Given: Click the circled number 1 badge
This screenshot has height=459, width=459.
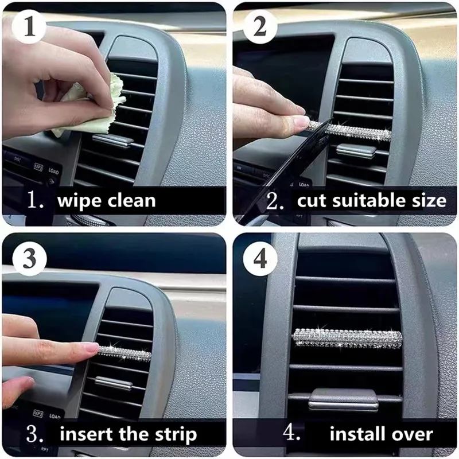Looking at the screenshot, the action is (29, 26).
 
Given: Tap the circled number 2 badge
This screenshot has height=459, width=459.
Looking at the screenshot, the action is (260, 26).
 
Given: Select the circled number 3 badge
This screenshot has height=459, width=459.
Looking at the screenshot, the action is (30, 259).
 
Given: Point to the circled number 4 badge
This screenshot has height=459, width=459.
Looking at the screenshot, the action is (260, 259).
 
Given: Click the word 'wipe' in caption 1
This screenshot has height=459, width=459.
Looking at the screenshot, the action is (79, 201).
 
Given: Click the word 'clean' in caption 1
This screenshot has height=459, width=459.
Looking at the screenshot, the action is (131, 201).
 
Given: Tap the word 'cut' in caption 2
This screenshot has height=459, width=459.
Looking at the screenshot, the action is (311, 201).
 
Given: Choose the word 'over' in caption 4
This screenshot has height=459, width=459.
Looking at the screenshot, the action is (413, 434).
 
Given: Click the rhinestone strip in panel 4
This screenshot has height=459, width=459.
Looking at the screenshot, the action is (348, 339).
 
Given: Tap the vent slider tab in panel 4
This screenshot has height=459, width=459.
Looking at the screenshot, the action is (344, 400).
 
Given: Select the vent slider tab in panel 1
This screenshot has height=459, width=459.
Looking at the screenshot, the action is (112, 141).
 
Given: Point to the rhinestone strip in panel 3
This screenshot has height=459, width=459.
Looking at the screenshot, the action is (125, 353).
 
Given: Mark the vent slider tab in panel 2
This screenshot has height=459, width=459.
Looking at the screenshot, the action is (356, 151).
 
